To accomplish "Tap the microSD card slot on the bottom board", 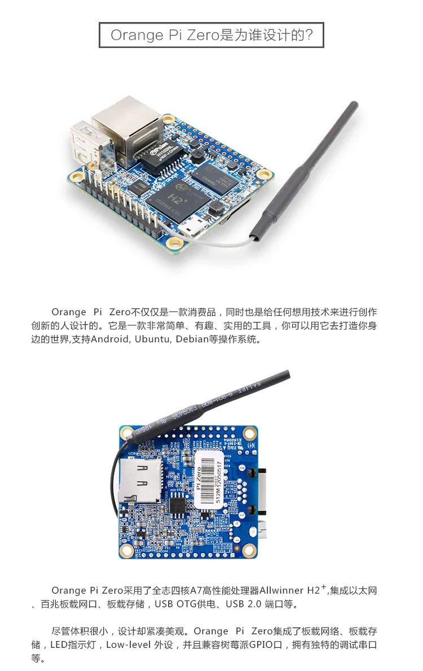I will click(141, 480).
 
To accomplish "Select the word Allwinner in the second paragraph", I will click(281, 591).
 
